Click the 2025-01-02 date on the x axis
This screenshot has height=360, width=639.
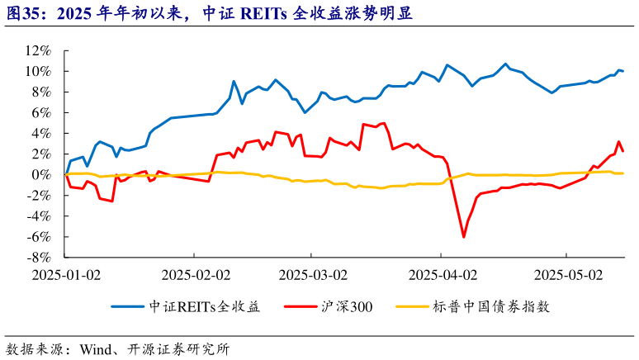[65, 273]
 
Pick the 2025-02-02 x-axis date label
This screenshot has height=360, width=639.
[196, 273]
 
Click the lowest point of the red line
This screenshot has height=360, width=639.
[464, 237]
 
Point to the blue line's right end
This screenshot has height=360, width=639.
[622, 71]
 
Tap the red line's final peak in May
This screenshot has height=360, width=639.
[618, 141]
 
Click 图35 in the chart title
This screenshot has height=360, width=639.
[21, 14]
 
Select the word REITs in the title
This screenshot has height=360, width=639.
[260, 14]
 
